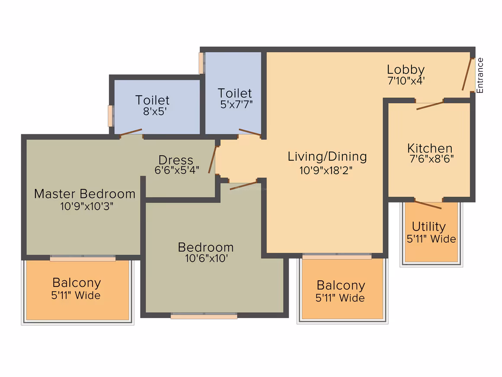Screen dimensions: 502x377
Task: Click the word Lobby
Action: click(405, 70)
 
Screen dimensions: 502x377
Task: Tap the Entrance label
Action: click(479, 76)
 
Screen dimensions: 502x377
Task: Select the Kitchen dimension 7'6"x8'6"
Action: click(431, 159)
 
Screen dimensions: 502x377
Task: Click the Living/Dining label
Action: click(327, 157)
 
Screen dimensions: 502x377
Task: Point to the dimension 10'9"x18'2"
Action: click(326, 170)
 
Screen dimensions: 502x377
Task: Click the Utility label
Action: click(429, 227)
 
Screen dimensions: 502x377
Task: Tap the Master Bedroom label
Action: click(84, 194)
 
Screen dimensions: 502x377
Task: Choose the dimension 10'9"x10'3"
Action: click(87, 206)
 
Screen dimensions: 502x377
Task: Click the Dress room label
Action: click(176, 159)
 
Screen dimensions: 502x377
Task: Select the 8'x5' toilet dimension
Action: click(154, 111)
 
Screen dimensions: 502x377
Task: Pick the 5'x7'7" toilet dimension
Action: click(236, 104)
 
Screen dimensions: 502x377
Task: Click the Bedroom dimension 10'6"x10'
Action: click(206, 258)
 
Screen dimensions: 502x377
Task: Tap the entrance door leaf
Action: click(467, 74)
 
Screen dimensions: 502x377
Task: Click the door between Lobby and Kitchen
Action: click(430, 105)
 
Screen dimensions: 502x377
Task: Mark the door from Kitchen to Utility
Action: click(428, 205)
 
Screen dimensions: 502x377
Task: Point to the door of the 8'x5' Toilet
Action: click(131, 133)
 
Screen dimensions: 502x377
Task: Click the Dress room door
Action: click(212, 159)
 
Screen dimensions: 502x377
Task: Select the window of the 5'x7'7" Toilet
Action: click(201, 63)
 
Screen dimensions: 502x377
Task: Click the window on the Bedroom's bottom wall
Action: click(204, 316)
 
